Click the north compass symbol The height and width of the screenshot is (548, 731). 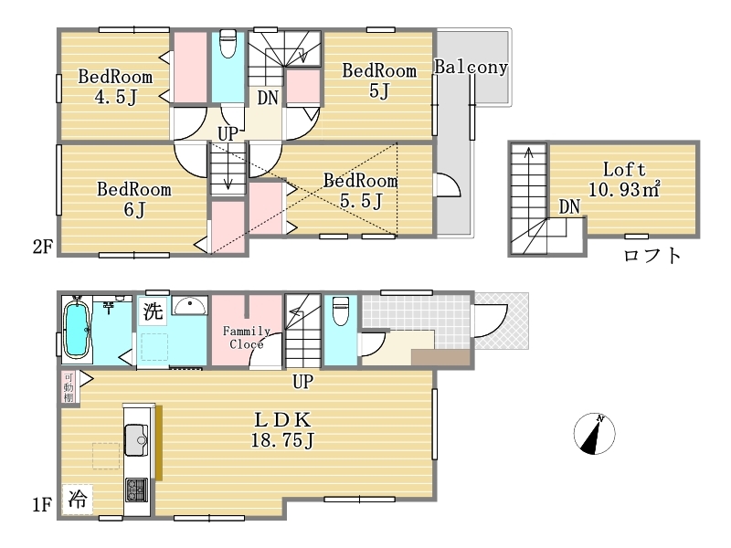[x=595, y=434]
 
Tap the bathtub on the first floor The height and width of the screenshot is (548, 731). [x=77, y=330]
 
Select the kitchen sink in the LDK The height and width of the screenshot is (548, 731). [x=136, y=440]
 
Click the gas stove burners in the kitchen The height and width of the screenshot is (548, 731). [x=136, y=490]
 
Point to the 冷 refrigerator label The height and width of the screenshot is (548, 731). [x=78, y=499]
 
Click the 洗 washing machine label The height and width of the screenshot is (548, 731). [x=154, y=311]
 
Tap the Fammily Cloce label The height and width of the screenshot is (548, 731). [x=246, y=337]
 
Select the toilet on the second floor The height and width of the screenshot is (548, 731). [x=228, y=43]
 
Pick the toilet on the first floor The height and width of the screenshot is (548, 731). [x=341, y=311]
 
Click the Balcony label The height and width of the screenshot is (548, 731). [x=471, y=67]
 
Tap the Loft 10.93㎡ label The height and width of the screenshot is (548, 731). [x=624, y=179]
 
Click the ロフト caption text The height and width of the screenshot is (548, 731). [x=652, y=256]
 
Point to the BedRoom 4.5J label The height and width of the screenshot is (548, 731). [x=115, y=87]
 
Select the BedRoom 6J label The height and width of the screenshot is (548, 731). [x=134, y=199]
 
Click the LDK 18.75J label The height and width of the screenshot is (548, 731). [x=282, y=429]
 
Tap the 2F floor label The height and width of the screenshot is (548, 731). [x=42, y=246]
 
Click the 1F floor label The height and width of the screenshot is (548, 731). [x=41, y=504]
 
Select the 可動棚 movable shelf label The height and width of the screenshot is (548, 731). [x=69, y=387]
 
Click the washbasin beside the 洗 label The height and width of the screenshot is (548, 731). [x=190, y=306]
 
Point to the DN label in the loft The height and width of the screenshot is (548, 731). [x=569, y=206]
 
